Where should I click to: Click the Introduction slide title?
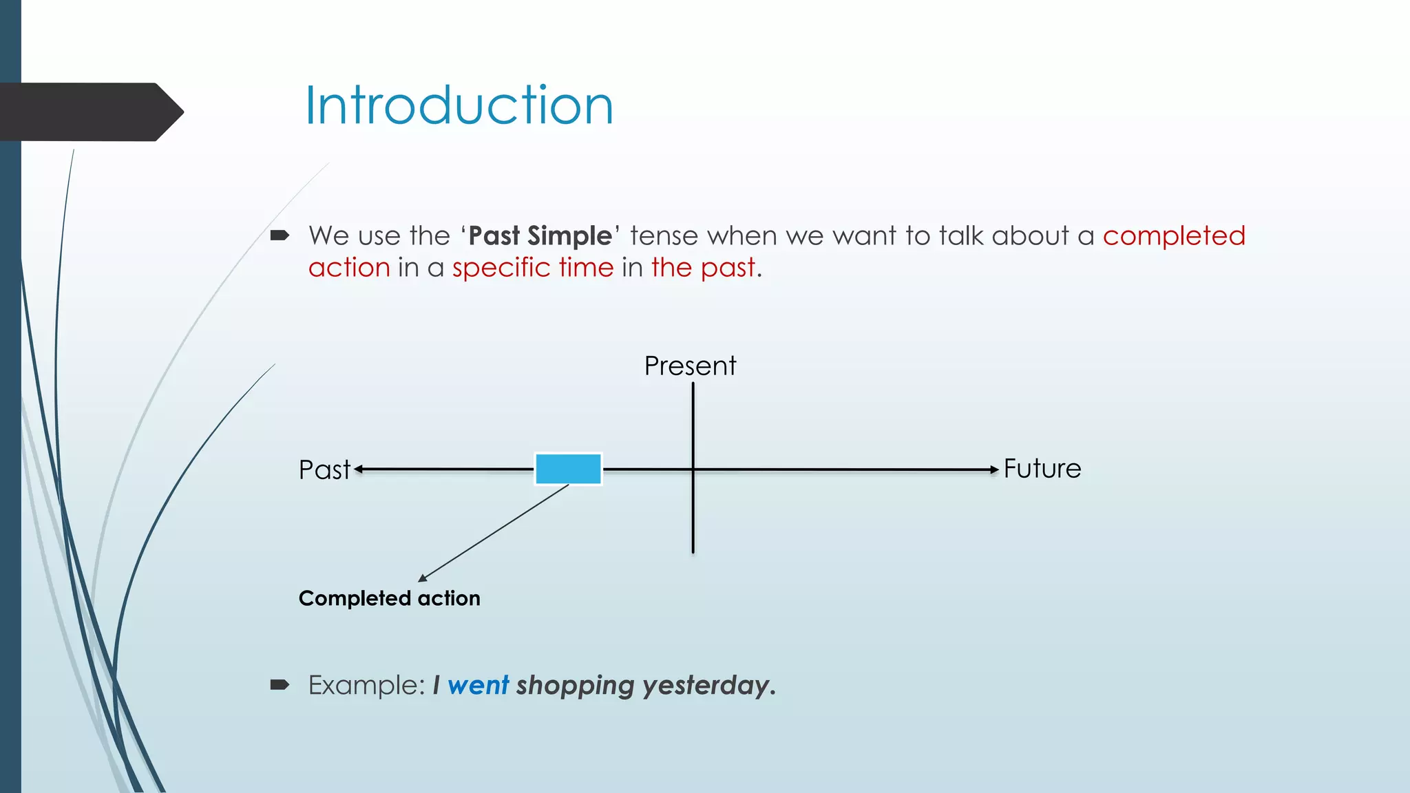pos(459,105)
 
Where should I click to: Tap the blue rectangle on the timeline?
pos(568,469)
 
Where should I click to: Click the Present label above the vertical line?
pos(690,366)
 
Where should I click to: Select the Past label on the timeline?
pos(324,469)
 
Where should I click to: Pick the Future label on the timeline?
pos(1042,469)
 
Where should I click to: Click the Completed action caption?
pos(389,598)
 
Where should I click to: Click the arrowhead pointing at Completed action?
pos(423,578)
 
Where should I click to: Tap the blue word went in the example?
pos(478,685)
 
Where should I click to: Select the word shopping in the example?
pos(575,685)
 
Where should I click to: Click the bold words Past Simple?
pos(540,236)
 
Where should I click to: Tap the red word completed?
pos(1174,236)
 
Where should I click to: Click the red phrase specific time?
pos(532,268)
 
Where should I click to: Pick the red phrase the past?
pos(703,268)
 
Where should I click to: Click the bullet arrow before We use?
pos(280,236)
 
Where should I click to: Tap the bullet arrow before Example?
pos(280,684)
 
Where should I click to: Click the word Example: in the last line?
pos(366,685)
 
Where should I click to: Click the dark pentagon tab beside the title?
pos(90,112)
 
